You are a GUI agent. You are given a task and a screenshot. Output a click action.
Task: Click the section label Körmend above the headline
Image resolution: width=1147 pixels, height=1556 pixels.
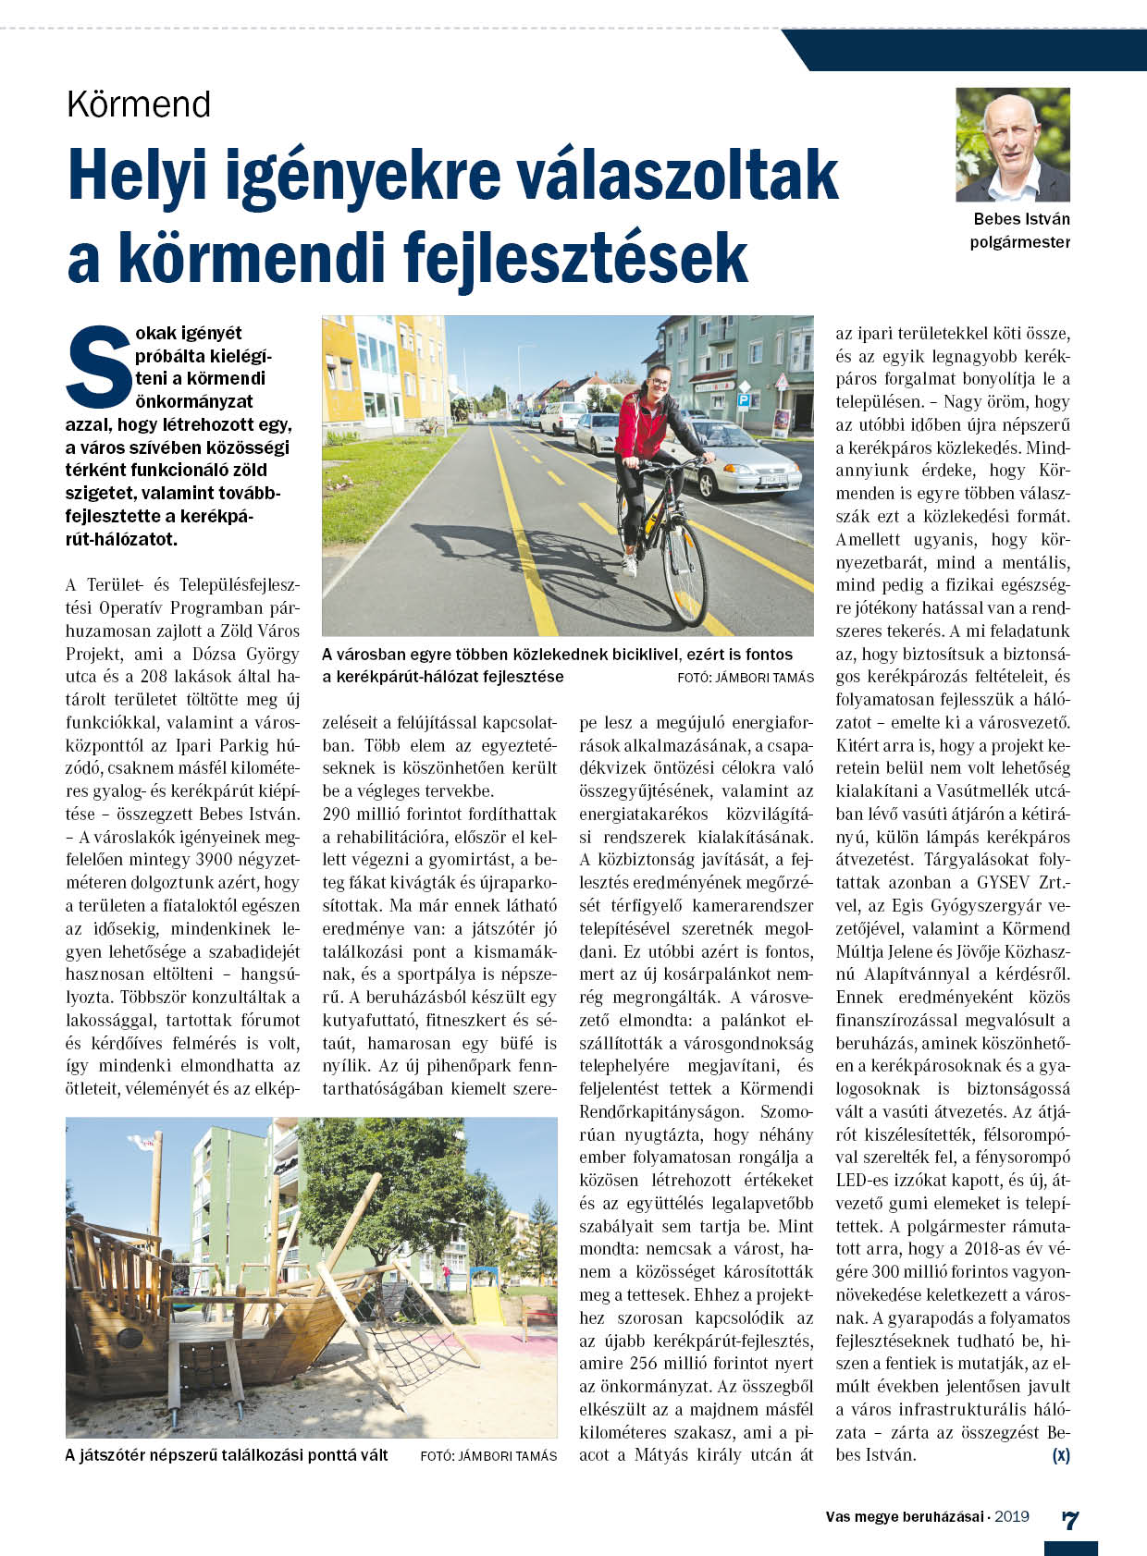coord(139,104)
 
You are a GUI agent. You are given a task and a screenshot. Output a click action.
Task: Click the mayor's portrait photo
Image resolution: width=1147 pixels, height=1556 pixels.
coord(1013,144)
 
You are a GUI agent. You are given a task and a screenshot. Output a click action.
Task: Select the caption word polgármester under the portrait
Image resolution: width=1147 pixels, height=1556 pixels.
coord(1019,242)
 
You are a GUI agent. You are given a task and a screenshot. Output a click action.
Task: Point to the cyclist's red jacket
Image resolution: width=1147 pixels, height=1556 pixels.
coord(642,425)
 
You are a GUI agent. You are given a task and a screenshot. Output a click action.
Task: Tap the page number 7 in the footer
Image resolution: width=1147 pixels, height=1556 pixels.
coord(1070,1520)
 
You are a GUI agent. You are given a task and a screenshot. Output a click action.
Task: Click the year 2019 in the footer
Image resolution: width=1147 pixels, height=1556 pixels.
coord(1012,1516)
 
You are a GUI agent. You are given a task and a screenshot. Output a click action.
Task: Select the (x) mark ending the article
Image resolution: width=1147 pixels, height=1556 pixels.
coord(1061,1455)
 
